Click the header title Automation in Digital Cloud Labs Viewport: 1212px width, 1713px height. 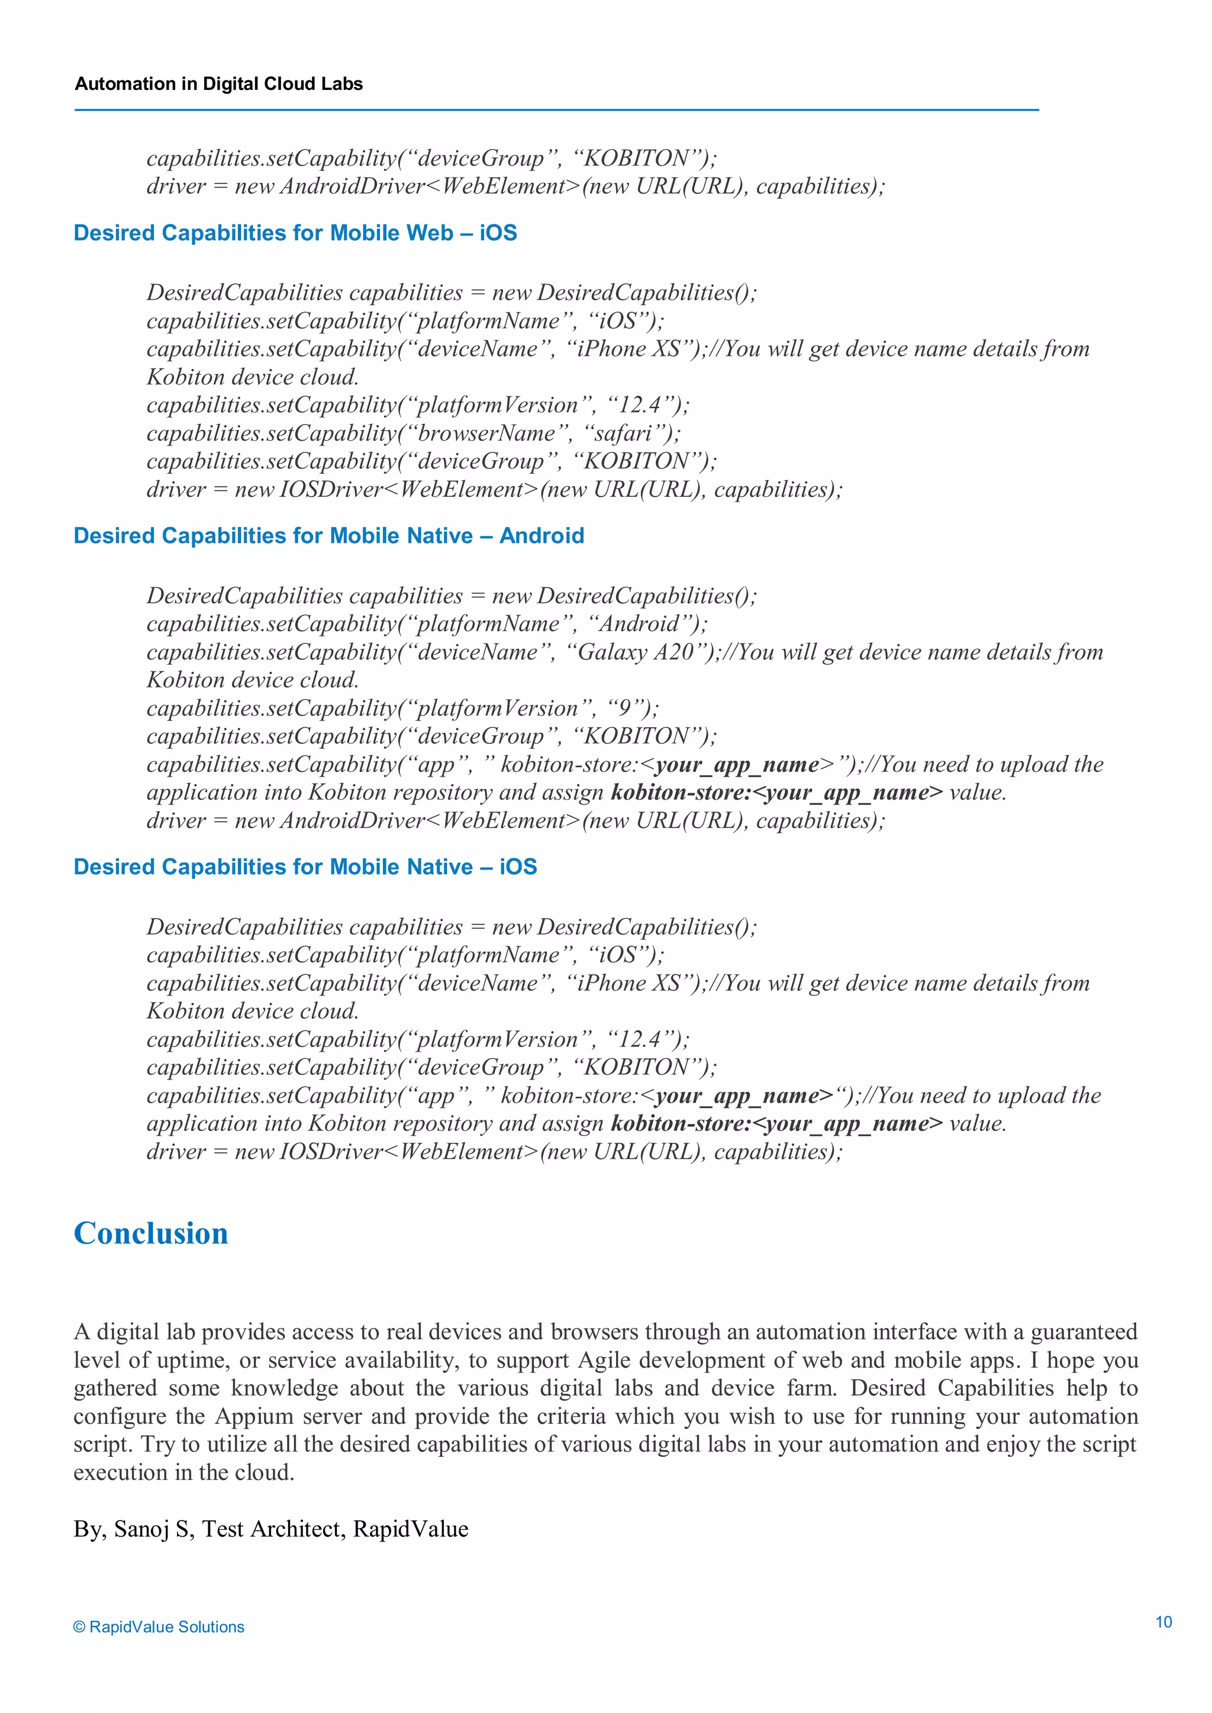point(218,83)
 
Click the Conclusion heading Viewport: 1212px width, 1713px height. point(151,1233)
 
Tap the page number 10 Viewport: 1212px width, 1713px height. point(1163,1622)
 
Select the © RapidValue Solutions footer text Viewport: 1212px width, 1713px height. point(159,1627)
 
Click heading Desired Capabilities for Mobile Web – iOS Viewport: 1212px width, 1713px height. point(295,233)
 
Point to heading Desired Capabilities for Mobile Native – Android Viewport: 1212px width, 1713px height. point(328,536)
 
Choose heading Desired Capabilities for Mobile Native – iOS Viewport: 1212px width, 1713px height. point(305,867)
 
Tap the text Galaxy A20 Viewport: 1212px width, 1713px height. point(636,652)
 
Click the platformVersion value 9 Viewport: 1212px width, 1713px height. point(624,708)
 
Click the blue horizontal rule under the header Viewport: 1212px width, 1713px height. point(556,109)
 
